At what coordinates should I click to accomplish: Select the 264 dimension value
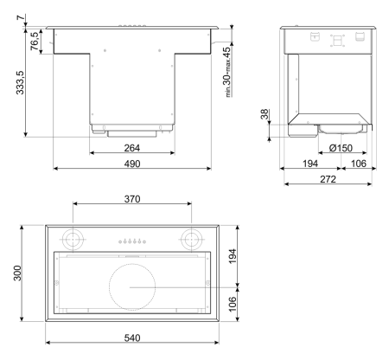[131, 148]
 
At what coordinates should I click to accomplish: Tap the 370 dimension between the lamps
[131, 199]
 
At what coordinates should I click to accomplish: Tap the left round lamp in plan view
[74, 238]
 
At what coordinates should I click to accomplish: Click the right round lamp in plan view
[190, 238]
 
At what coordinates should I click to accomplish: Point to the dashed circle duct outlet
[131, 286]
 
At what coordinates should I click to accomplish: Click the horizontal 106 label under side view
[358, 164]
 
